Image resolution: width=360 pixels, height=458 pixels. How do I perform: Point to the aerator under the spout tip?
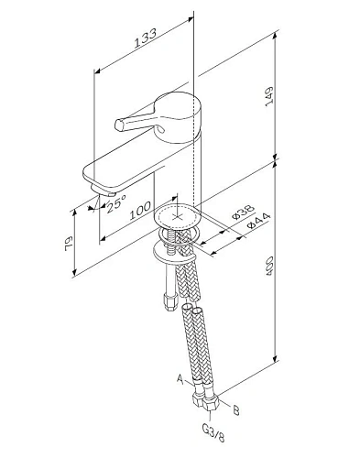tap(104, 194)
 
